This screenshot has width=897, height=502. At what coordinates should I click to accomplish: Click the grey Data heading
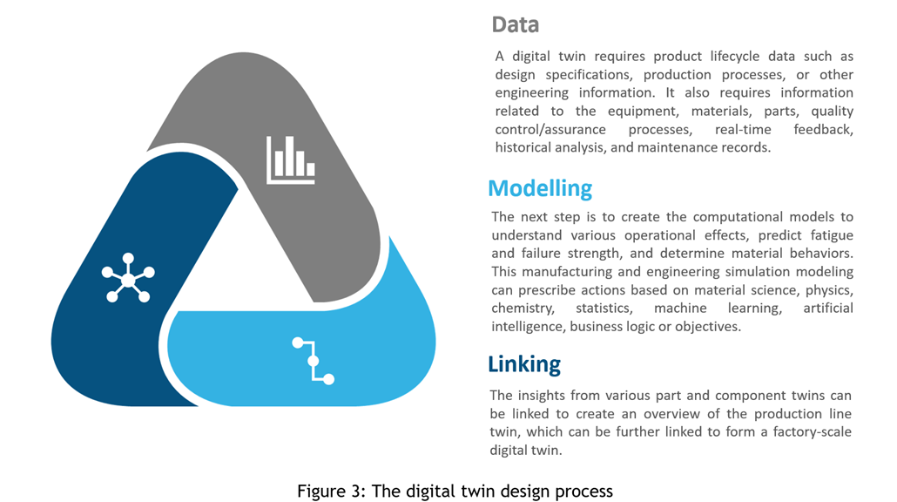click(515, 24)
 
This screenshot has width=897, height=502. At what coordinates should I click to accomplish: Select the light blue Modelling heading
click(540, 188)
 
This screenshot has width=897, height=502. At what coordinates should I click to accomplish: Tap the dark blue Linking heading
click(524, 363)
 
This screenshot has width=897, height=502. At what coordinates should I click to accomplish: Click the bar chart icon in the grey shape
click(291, 159)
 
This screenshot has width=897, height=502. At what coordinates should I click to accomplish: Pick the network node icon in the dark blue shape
click(128, 279)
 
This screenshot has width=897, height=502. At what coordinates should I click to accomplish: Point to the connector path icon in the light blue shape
click(314, 360)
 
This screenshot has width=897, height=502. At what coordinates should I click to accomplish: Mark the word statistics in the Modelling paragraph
click(604, 309)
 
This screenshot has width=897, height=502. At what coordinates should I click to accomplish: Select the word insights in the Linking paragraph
click(542, 396)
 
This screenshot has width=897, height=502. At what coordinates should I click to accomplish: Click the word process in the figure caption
click(586, 492)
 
